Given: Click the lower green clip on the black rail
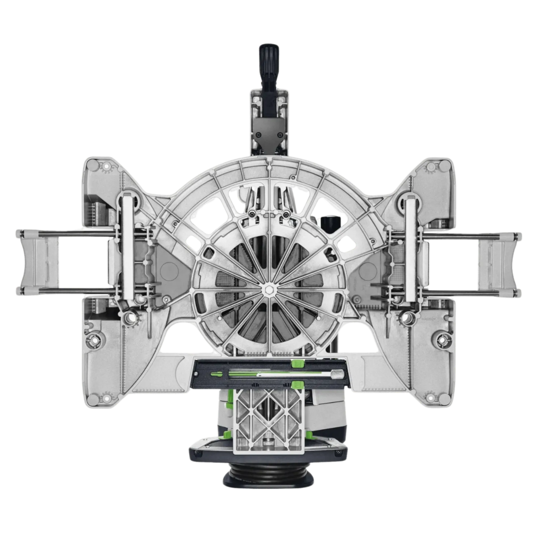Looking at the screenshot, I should coord(297,384).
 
